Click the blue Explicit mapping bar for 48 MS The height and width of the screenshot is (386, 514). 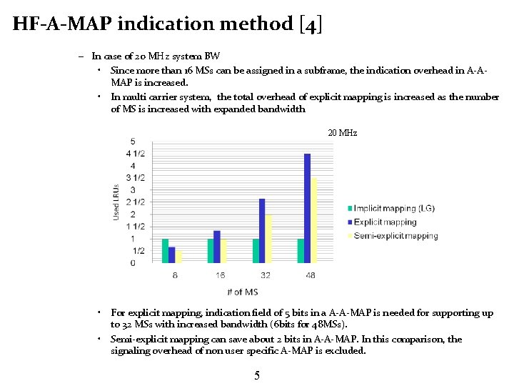point(308,208)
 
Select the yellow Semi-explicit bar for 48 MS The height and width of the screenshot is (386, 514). point(314,220)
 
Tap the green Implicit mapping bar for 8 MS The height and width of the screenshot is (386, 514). point(166,251)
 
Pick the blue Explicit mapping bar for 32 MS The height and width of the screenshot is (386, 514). point(262,231)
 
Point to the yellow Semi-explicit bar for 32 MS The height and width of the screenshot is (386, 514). point(269,239)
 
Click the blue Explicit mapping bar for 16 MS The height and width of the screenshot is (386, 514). point(217,247)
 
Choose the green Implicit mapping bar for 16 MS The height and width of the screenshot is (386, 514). point(211,251)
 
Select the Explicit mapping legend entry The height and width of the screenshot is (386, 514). point(385,222)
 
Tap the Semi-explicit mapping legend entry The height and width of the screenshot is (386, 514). point(395,236)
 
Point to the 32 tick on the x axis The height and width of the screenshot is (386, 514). point(266,275)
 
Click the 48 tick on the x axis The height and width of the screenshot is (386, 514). point(311,275)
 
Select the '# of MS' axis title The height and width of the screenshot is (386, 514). point(242,292)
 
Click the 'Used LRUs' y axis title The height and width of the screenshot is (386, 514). point(117,202)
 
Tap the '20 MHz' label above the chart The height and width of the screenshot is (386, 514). point(343,134)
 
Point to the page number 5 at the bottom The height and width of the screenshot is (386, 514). point(257,376)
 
